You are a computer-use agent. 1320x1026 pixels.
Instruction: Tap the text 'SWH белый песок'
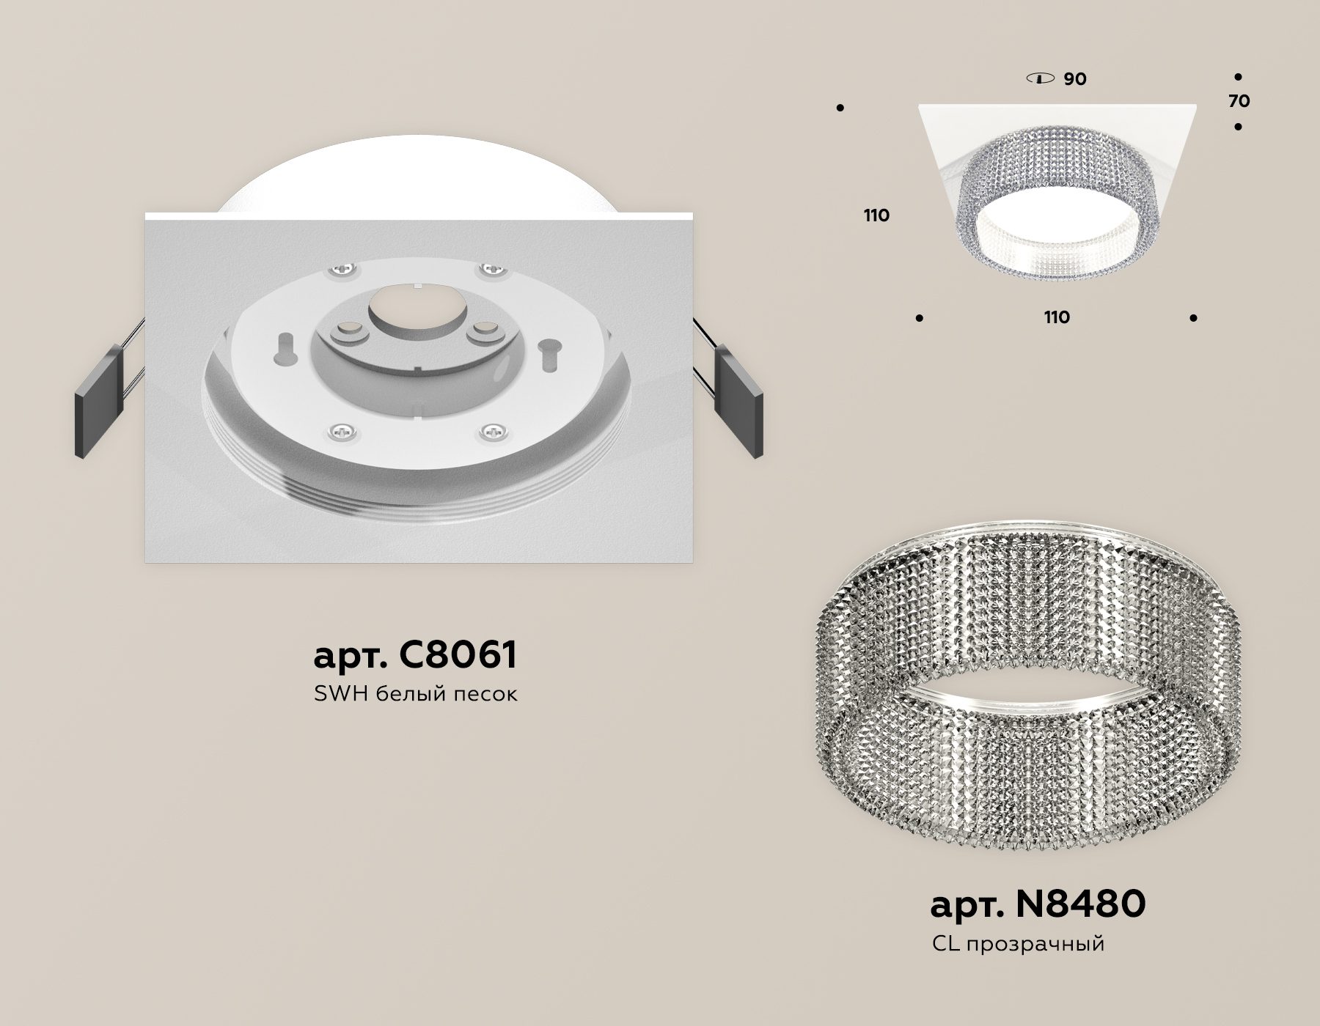pyautogui.click(x=416, y=694)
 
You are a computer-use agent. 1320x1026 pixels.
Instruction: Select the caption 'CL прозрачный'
pyautogui.click(x=1018, y=943)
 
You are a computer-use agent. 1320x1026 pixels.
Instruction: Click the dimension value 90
pyautogui.click(x=1075, y=78)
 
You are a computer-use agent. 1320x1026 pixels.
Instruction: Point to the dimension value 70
pyautogui.click(x=1239, y=101)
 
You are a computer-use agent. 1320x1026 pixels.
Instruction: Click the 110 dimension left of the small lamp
pyautogui.click(x=876, y=215)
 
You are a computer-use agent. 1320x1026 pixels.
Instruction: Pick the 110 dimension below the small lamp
pyautogui.click(x=1056, y=317)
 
